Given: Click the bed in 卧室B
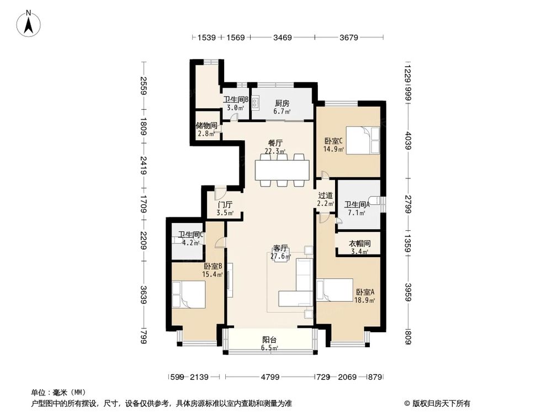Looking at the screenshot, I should click(189, 294).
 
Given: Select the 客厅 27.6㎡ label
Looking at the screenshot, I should click(280, 252).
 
